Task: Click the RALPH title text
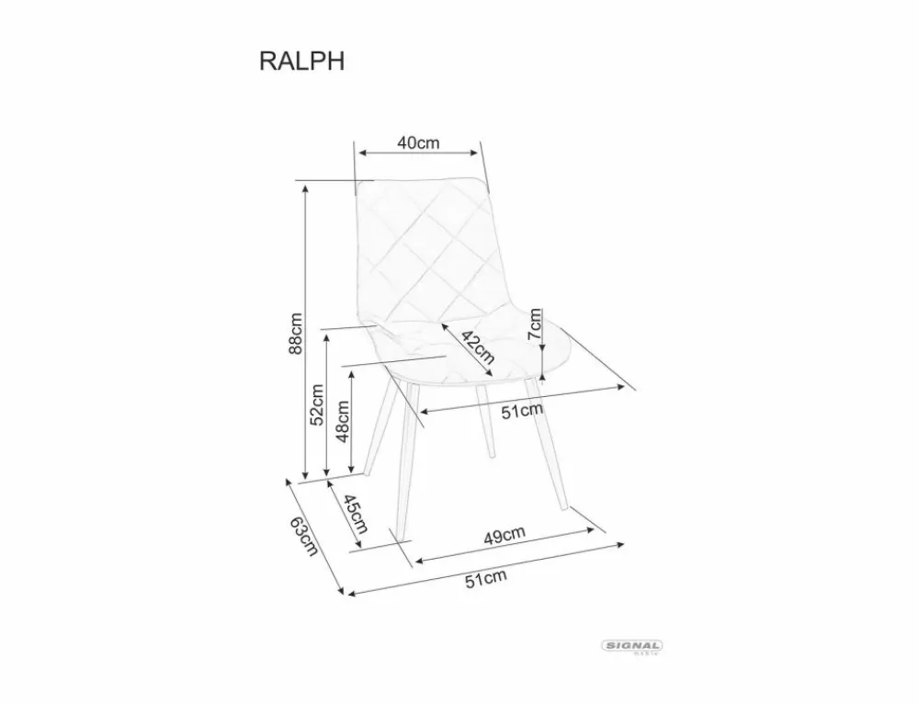click(x=301, y=61)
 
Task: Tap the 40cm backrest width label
click(x=418, y=142)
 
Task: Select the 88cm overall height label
click(x=296, y=333)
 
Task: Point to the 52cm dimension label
click(x=317, y=404)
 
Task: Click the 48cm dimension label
click(x=342, y=421)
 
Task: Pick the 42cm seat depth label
click(x=478, y=346)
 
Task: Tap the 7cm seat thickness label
click(x=535, y=324)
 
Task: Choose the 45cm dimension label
click(x=355, y=514)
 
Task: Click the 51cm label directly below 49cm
click(x=486, y=579)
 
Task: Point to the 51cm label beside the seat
click(x=522, y=411)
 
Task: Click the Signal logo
click(x=632, y=646)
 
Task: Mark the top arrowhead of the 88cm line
click(x=305, y=188)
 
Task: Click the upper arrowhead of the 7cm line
click(x=543, y=312)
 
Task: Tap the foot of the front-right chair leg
click(x=564, y=507)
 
